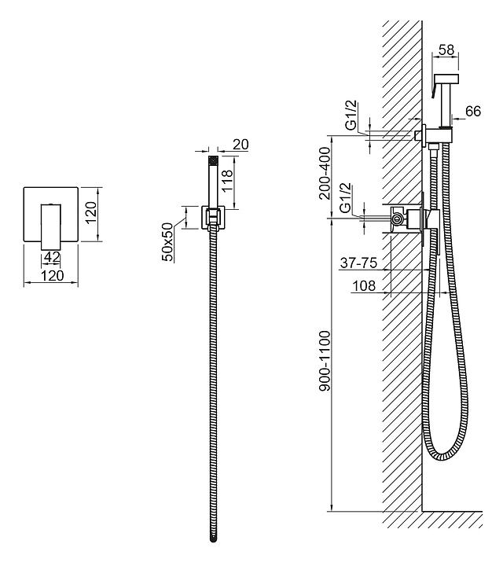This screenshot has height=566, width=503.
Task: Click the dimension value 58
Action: point(446,50)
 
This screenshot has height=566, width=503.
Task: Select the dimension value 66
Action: point(472,111)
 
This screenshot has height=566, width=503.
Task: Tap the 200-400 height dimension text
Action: point(325,173)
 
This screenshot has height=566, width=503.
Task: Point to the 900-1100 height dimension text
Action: point(325,361)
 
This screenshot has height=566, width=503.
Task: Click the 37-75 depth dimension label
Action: point(358,263)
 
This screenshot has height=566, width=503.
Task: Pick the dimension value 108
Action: point(364,285)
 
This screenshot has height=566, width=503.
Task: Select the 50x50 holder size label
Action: point(167,242)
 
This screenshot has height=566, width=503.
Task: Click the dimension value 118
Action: point(227,182)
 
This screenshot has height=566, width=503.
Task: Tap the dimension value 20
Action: point(240,145)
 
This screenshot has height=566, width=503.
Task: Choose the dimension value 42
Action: point(52,257)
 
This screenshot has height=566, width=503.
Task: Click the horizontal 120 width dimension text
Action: point(53,276)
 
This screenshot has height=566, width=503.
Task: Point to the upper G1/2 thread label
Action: point(351,115)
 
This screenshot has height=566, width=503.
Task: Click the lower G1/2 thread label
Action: point(345,198)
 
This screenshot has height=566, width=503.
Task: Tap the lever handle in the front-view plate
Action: point(51,226)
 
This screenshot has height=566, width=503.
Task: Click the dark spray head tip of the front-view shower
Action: point(213,160)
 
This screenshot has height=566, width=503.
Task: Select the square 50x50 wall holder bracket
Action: point(213,217)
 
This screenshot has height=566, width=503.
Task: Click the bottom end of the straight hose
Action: point(213,539)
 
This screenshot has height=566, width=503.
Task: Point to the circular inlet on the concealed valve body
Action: point(397,218)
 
